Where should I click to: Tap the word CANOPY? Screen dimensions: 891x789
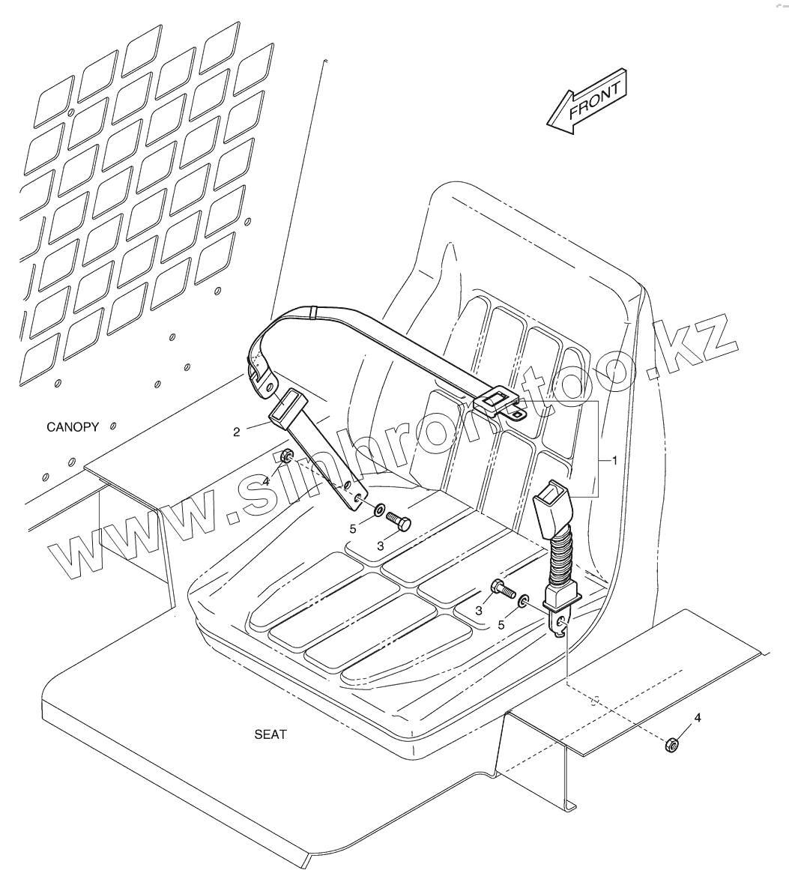tap(73, 427)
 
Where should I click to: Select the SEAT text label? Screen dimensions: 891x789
tap(270, 734)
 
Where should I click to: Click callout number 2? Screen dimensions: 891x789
tap(237, 432)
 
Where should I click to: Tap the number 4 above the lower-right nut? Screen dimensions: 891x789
tap(698, 718)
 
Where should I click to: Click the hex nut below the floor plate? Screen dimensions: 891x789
tap(672, 743)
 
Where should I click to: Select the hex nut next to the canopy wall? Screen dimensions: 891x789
tap(286, 456)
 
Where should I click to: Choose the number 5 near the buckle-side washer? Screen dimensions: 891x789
tap(501, 623)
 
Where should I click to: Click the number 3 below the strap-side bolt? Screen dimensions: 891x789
tap(381, 546)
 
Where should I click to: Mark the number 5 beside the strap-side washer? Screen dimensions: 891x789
tap(354, 529)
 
